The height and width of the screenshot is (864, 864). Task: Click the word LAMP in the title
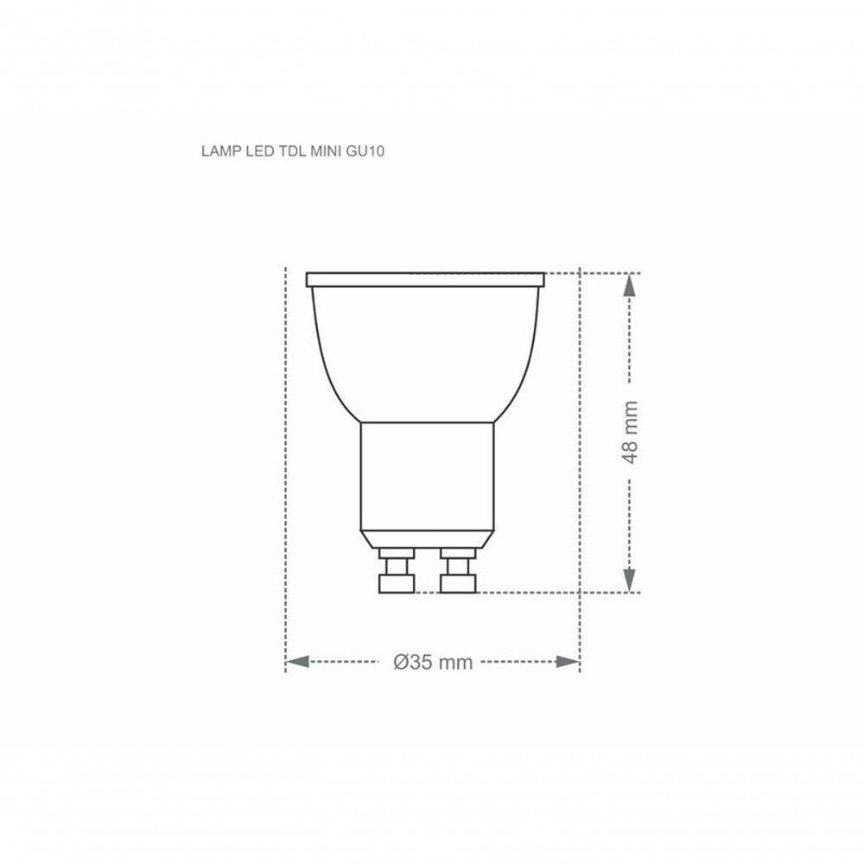(x=219, y=151)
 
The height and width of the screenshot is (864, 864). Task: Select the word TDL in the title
(x=289, y=151)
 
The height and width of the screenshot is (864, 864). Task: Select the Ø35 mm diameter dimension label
(x=433, y=663)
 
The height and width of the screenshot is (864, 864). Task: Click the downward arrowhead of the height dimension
(x=631, y=581)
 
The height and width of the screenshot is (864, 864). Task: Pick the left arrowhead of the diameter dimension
(x=296, y=662)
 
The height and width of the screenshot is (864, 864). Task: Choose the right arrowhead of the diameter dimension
(x=568, y=662)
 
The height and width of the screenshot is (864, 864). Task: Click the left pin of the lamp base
(x=397, y=573)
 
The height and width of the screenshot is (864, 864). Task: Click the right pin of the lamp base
(x=456, y=573)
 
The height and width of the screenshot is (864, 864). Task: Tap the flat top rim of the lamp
(x=426, y=280)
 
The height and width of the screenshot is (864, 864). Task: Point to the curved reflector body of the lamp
(x=426, y=354)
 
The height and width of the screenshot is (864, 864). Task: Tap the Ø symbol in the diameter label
(x=400, y=663)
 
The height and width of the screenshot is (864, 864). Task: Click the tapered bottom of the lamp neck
(x=426, y=537)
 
